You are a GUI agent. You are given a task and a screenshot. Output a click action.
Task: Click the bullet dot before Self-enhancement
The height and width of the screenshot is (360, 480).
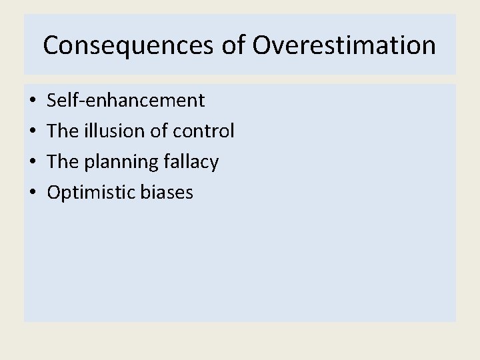coord(33,101)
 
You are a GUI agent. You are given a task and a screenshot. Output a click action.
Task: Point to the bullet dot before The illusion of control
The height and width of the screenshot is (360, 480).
coord(33,132)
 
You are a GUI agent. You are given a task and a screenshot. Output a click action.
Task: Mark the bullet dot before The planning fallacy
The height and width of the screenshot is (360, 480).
coord(33,163)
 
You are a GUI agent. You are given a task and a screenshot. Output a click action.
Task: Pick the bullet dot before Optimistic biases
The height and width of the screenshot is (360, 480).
coord(33,193)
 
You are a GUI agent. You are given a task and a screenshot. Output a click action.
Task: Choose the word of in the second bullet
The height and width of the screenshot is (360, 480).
coord(159,131)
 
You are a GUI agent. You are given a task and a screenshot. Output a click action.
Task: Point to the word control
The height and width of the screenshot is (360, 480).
coord(203,131)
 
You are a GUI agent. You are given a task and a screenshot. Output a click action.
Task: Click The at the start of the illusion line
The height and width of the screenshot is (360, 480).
coord(63,131)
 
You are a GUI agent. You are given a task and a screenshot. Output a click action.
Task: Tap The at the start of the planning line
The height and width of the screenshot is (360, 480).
coord(63,162)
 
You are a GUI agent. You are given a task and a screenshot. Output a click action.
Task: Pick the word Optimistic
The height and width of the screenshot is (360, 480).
coord(91,193)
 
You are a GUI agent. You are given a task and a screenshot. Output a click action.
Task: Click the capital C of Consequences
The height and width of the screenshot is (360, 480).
coord(50,45)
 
